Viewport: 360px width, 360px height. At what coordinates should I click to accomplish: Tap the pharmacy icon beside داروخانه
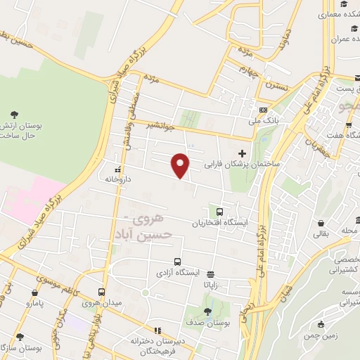(117, 169)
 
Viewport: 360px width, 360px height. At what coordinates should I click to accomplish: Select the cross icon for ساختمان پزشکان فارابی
(242, 153)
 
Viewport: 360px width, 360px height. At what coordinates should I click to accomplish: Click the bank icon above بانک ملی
(263, 110)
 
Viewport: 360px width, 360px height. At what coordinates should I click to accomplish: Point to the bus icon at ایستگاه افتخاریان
(219, 212)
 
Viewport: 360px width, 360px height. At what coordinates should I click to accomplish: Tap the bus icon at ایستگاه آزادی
(176, 261)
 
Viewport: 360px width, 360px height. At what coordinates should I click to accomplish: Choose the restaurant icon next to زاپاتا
(210, 275)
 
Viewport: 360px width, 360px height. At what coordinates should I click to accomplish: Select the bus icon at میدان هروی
(101, 292)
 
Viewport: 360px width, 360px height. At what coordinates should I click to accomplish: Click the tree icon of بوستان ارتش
(15, 115)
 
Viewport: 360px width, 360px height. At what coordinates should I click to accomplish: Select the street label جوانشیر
(160, 126)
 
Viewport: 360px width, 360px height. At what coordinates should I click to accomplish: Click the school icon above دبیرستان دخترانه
(157, 330)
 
